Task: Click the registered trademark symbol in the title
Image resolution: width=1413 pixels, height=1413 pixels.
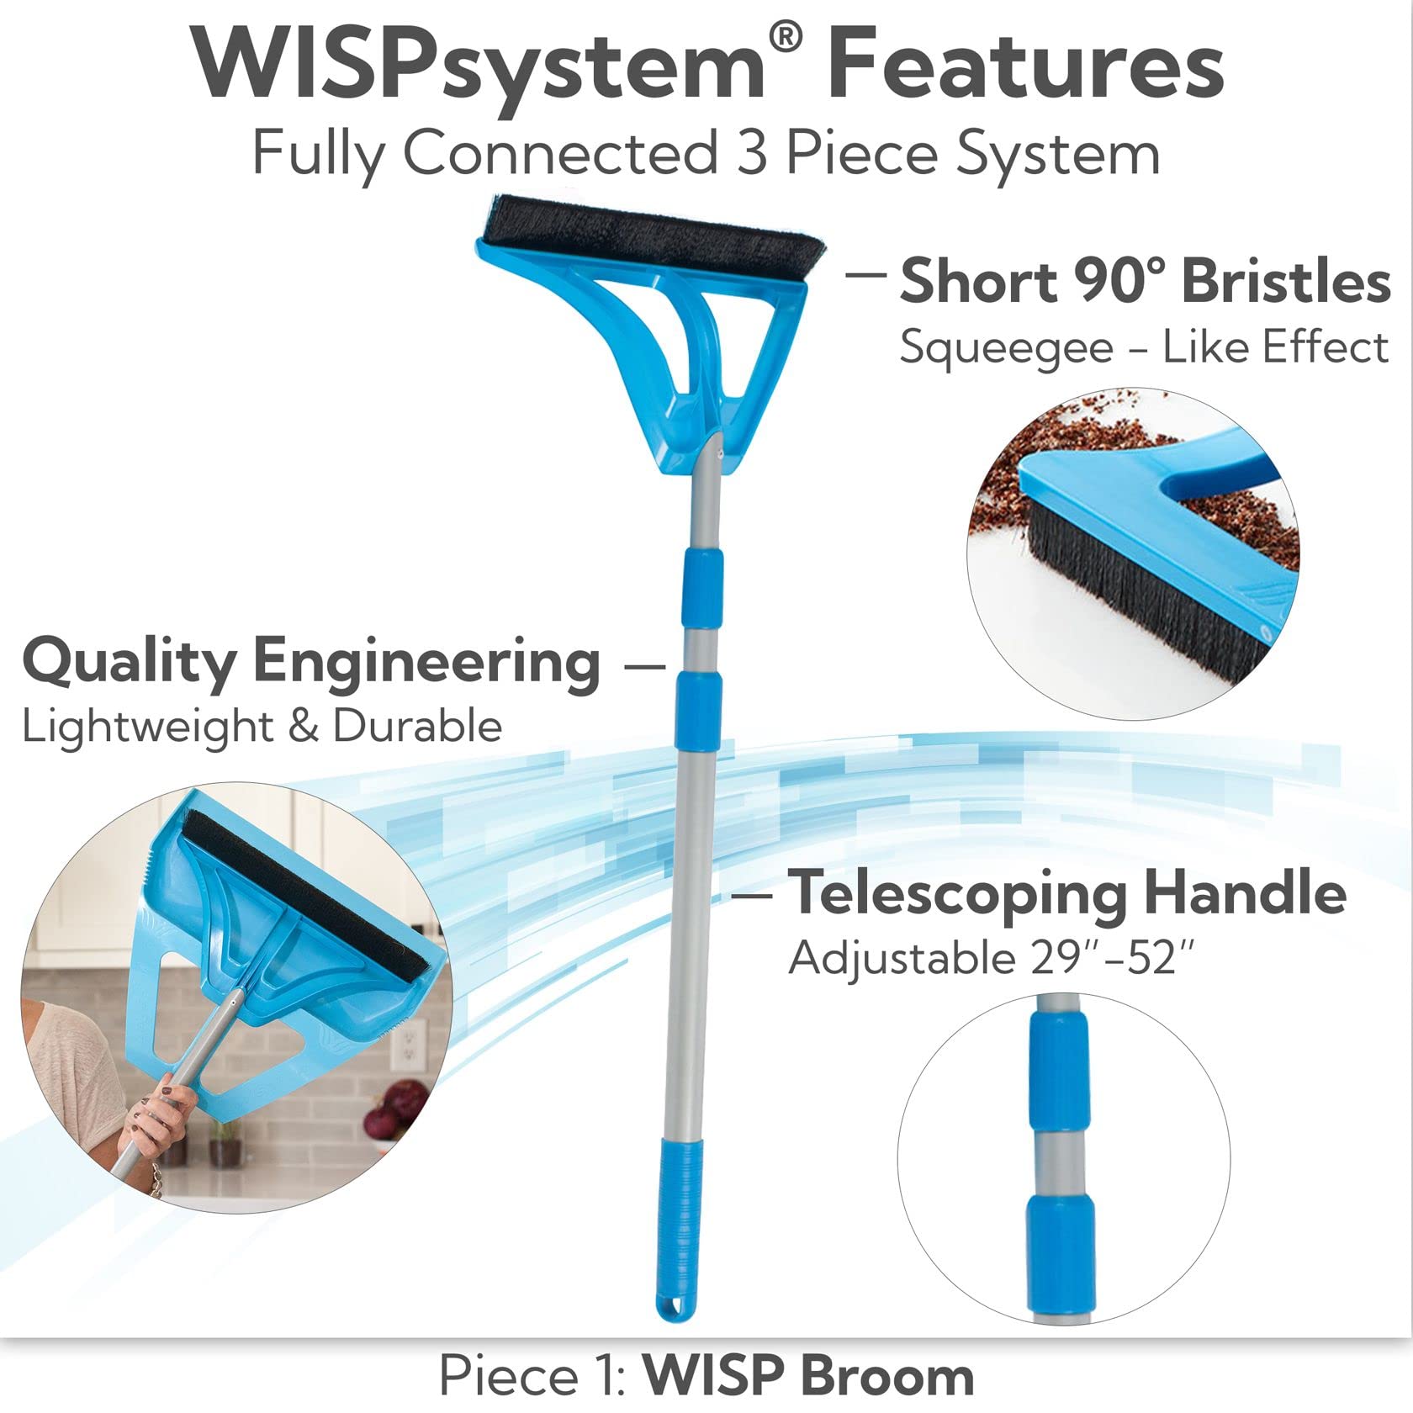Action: (786, 39)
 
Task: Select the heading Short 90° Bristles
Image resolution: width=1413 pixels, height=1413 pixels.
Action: (1144, 281)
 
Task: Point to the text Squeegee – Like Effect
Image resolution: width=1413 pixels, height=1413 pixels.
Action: (1144, 347)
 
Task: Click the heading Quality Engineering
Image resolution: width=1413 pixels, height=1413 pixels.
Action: (311, 663)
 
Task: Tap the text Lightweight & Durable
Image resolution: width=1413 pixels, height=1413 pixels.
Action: (262, 727)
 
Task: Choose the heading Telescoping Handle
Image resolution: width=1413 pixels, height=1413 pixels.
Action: (1066, 893)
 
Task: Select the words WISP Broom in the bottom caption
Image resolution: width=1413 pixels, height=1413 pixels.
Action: (808, 1376)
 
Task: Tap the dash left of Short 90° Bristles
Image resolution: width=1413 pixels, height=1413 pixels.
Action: (866, 273)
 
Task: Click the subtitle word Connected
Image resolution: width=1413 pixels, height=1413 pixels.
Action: (562, 153)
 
